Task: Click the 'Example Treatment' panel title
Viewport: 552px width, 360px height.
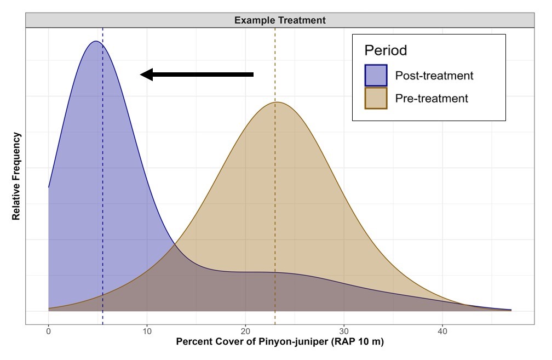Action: (x=280, y=20)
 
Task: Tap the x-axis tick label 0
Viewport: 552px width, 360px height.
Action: (x=48, y=332)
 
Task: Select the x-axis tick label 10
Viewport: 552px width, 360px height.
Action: (x=147, y=332)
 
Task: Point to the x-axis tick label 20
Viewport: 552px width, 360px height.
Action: (x=245, y=332)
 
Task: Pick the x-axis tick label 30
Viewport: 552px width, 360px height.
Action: (x=344, y=332)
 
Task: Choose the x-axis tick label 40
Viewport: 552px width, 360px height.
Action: (x=442, y=332)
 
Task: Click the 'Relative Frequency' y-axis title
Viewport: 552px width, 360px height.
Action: (x=16, y=176)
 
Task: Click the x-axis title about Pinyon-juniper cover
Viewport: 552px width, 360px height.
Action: (x=280, y=342)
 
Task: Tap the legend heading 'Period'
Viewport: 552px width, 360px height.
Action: (x=386, y=50)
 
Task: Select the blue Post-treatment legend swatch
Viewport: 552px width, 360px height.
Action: (x=376, y=76)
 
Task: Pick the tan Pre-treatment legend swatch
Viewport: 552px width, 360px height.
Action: (x=376, y=99)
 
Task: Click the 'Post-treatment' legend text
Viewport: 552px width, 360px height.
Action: (x=434, y=76)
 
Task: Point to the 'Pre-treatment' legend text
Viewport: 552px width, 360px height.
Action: (x=432, y=99)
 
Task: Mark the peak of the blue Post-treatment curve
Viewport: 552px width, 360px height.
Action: (x=96, y=41)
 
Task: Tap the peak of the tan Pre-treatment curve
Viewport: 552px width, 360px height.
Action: (x=277, y=102)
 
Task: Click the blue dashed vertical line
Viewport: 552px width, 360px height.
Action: (x=102, y=164)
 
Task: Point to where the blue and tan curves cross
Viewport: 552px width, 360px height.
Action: (x=175, y=244)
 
